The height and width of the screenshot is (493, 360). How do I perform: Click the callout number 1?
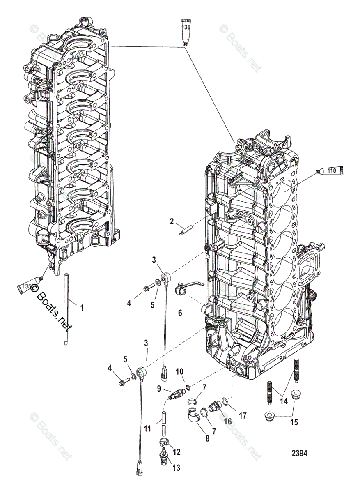coord(81,307)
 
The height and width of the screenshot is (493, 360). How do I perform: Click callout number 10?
coord(179,372)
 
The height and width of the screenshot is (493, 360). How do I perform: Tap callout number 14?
coord(284,401)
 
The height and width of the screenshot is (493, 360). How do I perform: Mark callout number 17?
coord(242,415)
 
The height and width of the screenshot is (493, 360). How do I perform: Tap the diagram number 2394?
coord(300,454)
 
